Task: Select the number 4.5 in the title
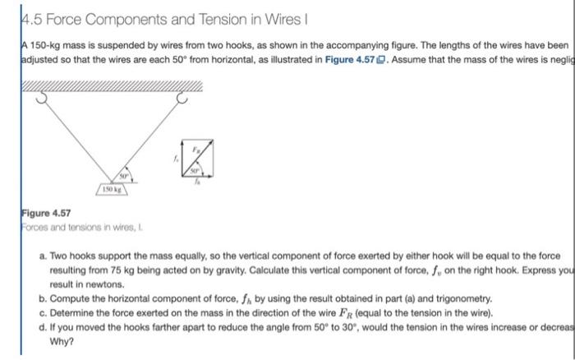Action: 12,16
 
